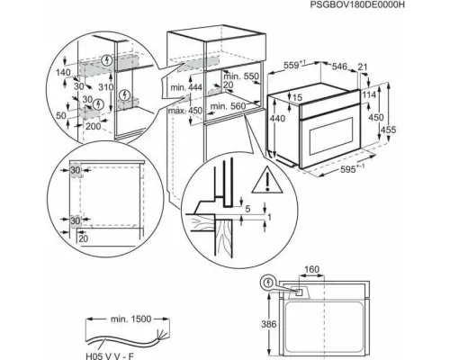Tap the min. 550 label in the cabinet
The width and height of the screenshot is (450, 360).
(233, 78)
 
